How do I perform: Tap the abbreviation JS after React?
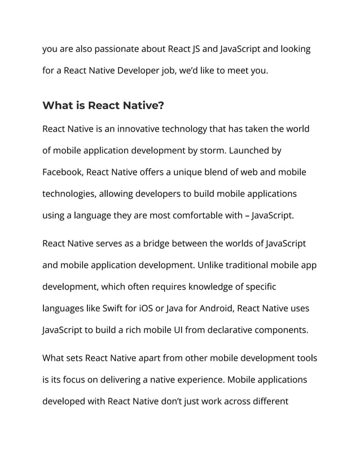(x=195, y=49)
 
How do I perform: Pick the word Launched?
(x=260, y=151)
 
